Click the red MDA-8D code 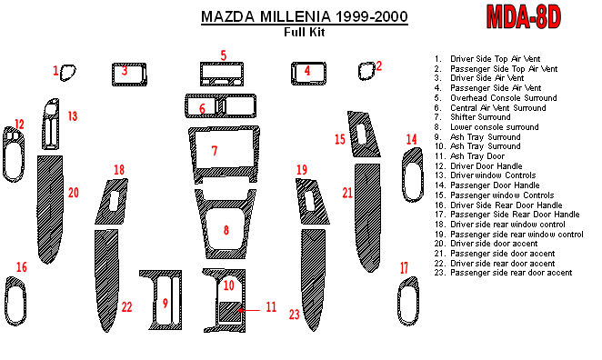524,16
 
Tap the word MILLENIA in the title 295,16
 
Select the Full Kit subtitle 305,32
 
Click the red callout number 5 224,55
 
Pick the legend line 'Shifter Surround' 480,117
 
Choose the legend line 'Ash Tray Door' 477,156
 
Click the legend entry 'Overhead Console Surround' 503,98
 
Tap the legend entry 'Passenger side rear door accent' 511,273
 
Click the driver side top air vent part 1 68,73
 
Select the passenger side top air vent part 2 366,71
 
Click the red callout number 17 404,267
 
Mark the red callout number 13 73,115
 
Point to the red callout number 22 126,307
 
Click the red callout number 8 226,230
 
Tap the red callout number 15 340,139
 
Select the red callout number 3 125,71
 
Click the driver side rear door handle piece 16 15,301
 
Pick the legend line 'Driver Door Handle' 486,166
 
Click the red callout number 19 302,170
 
